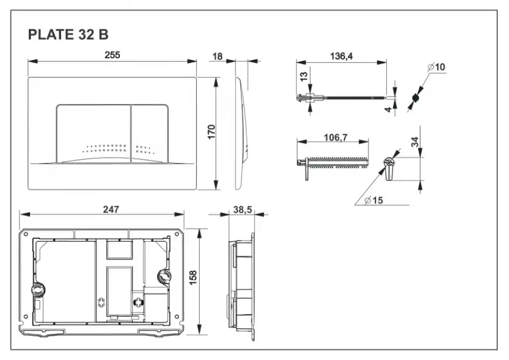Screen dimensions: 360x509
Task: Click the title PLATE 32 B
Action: click(68, 35)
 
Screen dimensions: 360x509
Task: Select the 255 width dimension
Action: click(112, 55)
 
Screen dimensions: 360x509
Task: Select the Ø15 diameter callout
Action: click(373, 200)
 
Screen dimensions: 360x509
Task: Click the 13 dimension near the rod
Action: click(303, 77)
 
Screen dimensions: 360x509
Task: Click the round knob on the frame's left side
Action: click(37, 290)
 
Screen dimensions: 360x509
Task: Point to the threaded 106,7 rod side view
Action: click(335, 162)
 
